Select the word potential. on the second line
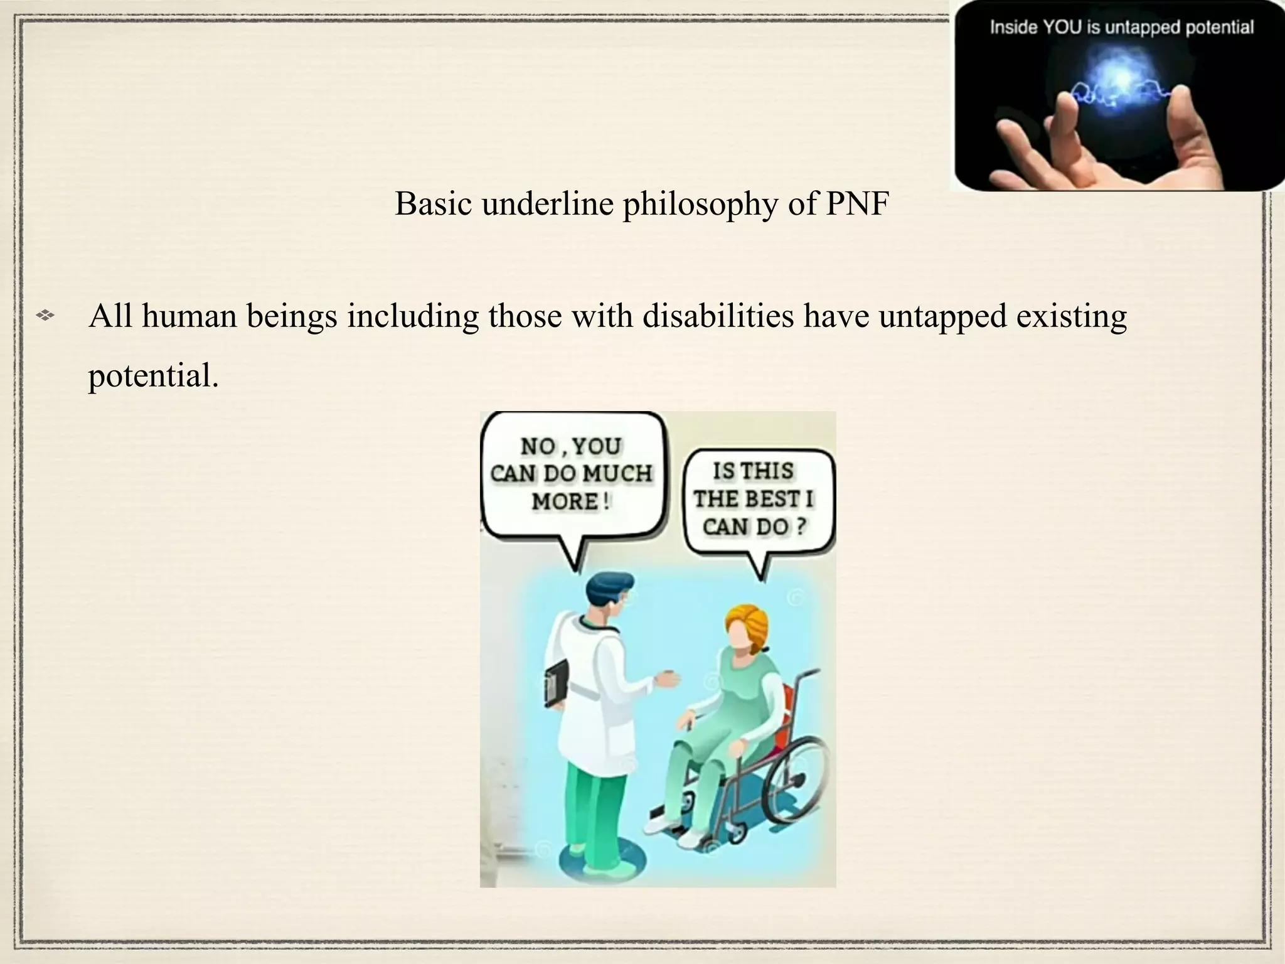tap(153, 376)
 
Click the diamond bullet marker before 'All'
tap(45, 316)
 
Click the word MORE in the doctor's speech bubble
tap(564, 501)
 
